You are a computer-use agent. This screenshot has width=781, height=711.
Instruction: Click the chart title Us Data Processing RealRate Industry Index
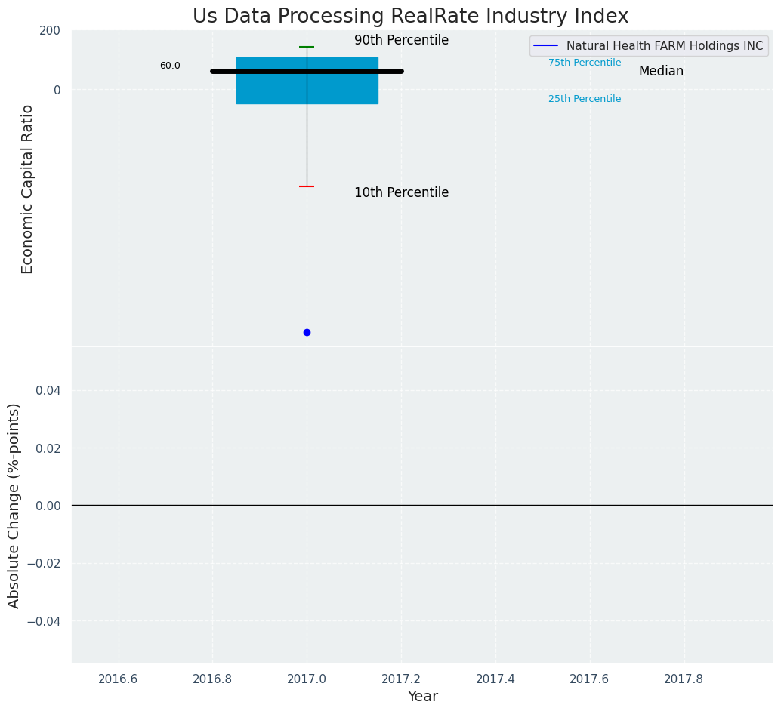pyautogui.click(x=410, y=16)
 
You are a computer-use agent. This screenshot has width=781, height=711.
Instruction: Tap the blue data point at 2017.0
pyautogui.click(x=307, y=332)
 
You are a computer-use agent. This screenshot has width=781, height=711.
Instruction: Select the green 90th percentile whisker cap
pyautogui.click(x=307, y=47)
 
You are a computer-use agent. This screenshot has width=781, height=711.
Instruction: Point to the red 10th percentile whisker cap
pyautogui.click(x=307, y=186)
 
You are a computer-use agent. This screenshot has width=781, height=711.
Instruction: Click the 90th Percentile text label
pyautogui.click(x=401, y=41)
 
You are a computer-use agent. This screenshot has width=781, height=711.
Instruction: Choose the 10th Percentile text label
pyautogui.click(x=401, y=193)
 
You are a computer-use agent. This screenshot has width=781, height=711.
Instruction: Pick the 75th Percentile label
pyautogui.click(x=585, y=63)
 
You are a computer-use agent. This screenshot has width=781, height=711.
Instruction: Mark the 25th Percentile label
pyautogui.click(x=585, y=99)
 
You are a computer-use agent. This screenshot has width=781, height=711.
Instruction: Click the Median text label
pyautogui.click(x=661, y=72)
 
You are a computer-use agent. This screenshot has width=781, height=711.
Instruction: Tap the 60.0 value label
pyautogui.click(x=170, y=66)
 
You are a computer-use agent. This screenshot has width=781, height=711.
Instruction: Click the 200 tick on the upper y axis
pyautogui.click(x=50, y=31)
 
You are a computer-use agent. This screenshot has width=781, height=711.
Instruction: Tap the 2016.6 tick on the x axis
pyautogui.click(x=119, y=679)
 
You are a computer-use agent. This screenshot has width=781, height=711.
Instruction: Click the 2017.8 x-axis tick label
pyautogui.click(x=684, y=679)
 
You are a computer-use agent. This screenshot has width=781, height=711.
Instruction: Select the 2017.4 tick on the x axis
pyautogui.click(x=495, y=679)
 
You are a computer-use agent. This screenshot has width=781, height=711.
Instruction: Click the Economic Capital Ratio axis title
pyautogui.click(x=27, y=189)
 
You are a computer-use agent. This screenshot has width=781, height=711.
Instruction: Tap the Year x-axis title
pyautogui.click(x=422, y=697)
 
